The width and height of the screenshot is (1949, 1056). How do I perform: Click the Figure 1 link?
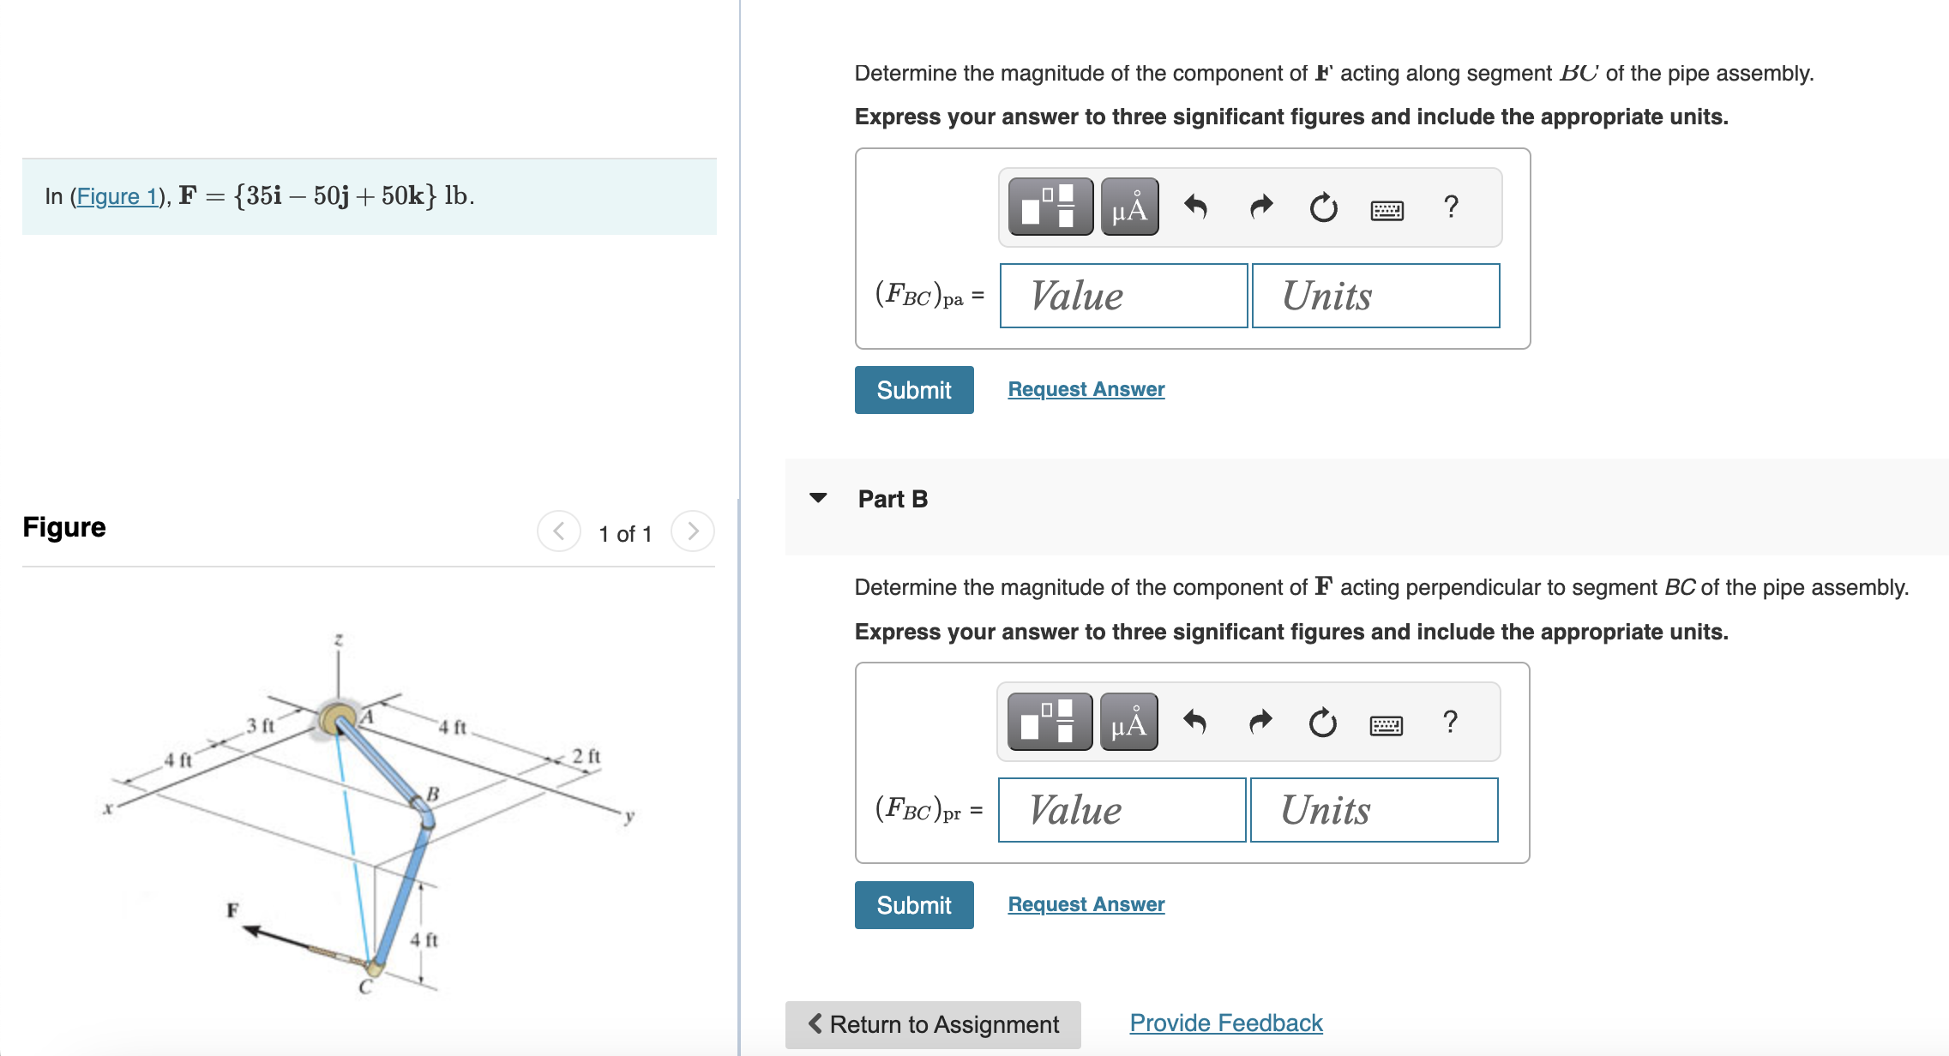pos(117,196)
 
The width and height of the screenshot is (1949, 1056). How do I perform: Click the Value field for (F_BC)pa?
pos(1123,296)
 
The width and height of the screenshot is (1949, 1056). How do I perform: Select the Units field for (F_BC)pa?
pos(1375,296)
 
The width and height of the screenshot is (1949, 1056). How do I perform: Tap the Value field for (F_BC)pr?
pos(1122,810)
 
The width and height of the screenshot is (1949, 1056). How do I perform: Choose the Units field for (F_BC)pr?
pos(1374,810)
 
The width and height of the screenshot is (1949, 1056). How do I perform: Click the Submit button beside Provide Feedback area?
pos(914,905)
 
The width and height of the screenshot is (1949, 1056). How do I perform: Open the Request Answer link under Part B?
pos(1086,904)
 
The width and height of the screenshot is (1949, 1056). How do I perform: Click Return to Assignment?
pos(933,1024)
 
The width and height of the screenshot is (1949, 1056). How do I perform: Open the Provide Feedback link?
pos(1225,1023)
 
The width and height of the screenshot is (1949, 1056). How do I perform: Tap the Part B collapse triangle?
pos(818,498)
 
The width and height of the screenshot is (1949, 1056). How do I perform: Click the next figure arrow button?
pos(693,531)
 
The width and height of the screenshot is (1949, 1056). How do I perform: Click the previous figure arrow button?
pos(559,531)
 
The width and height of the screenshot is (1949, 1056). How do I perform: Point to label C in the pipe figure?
pos(365,987)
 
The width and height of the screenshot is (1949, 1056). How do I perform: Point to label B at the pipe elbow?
pos(433,795)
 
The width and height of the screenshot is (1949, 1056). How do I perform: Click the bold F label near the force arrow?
pos(232,909)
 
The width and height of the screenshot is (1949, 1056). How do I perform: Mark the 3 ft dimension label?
pos(261,726)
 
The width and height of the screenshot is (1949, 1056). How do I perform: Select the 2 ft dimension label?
pos(587,756)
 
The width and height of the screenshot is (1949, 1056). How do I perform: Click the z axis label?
pos(339,640)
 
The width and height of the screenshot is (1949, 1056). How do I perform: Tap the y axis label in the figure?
pos(629,816)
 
